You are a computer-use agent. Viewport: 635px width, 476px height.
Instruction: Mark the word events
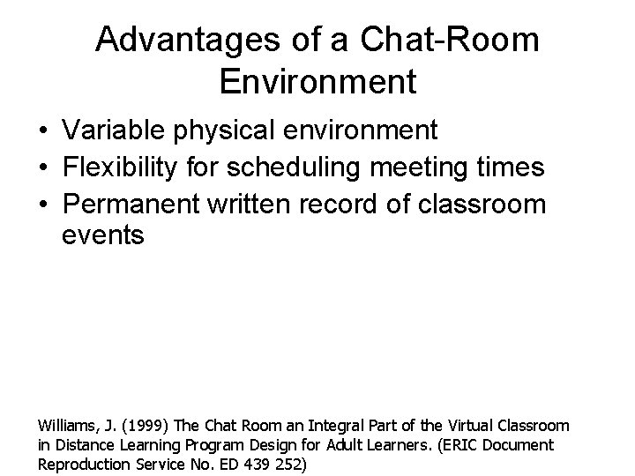coord(102,237)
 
